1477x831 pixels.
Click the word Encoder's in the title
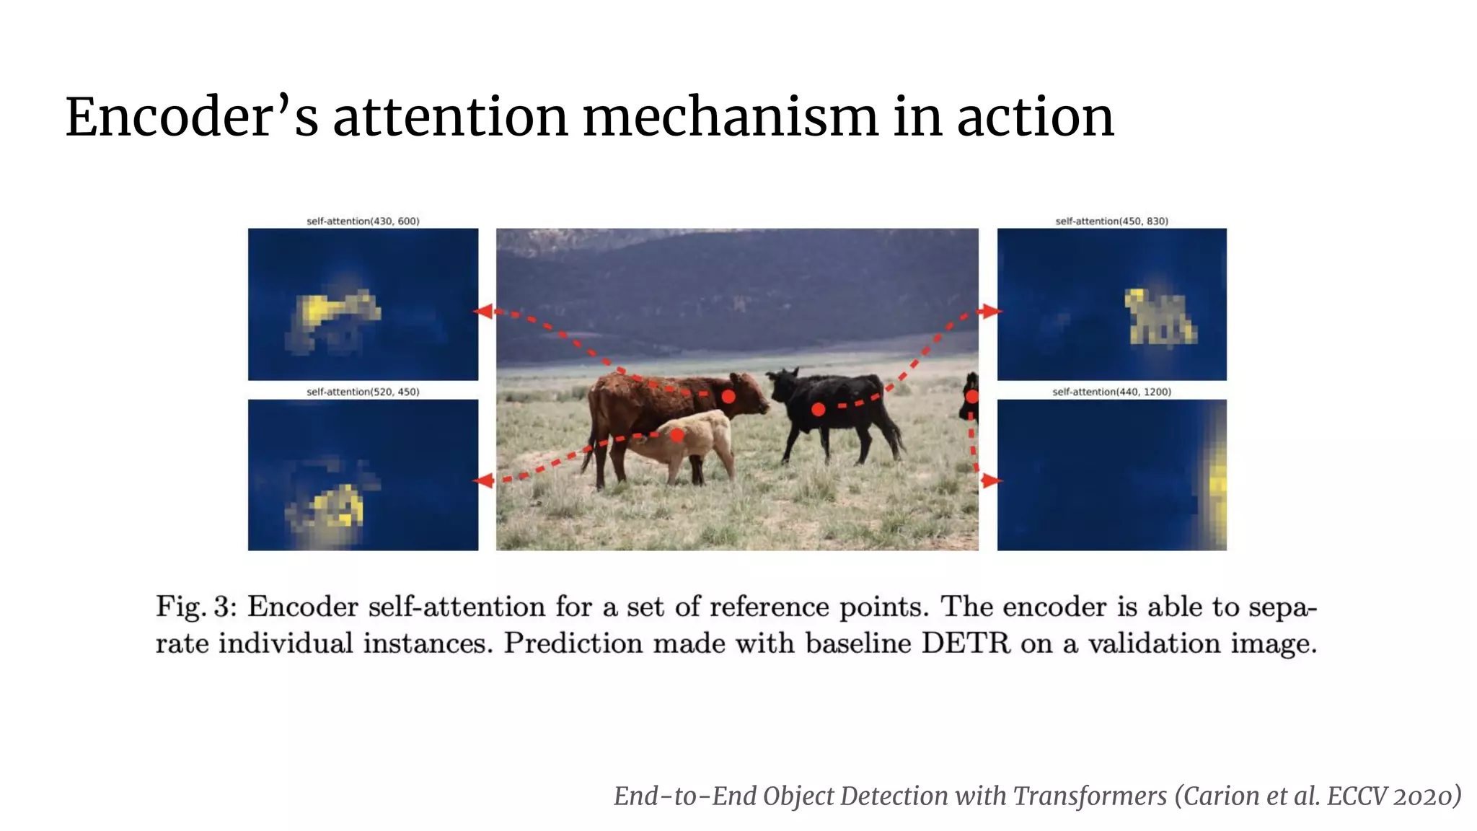click(191, 117)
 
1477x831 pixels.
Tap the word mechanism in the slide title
click(730, 117)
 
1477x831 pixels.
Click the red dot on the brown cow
click(728, 396)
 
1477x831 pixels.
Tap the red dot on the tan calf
click(676, 435)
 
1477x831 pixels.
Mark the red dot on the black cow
click(818, 409)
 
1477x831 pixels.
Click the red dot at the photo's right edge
click(971, 396)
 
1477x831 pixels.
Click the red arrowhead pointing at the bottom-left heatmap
click(485, 480)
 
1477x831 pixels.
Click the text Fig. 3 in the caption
click(195, 607)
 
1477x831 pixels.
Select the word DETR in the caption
click(966, 643)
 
